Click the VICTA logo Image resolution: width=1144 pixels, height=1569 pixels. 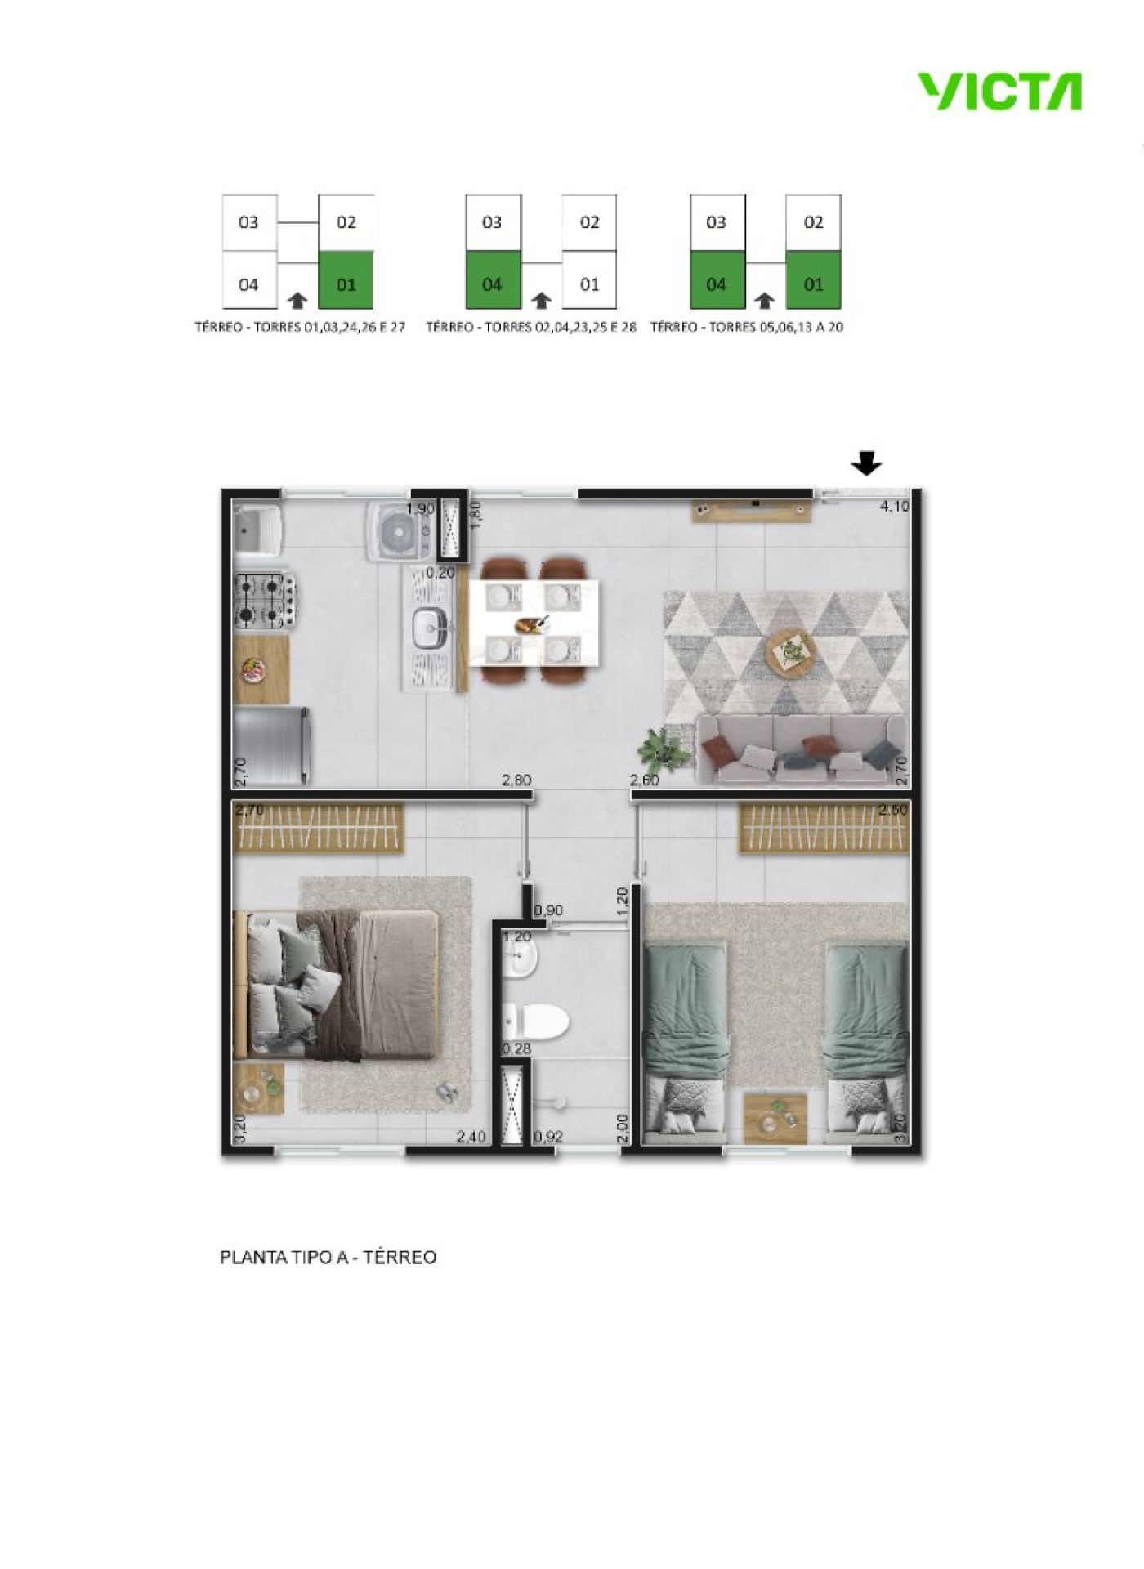pos(999,91)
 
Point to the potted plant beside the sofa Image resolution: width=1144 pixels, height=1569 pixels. pos(662,748)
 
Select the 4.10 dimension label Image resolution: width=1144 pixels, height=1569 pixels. pos(894,506)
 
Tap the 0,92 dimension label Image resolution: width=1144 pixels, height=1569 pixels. pos(548,1136)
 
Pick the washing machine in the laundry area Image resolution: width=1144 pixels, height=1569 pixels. pos(398,531)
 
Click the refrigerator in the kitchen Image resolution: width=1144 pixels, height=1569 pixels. pos(272,745)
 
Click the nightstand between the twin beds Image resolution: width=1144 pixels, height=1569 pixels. pos(775,1118)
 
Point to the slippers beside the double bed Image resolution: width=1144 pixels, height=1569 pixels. pos(448,1093)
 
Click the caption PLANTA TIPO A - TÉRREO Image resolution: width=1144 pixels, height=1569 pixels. pos(328,1257)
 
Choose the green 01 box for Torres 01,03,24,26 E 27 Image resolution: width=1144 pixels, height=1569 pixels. pos(346,279)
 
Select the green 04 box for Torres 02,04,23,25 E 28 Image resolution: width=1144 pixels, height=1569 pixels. pos(493,279)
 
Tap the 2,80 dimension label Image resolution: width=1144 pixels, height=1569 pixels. pos(516,780)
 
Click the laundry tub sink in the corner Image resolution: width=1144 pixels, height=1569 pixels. pos(257,530)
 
